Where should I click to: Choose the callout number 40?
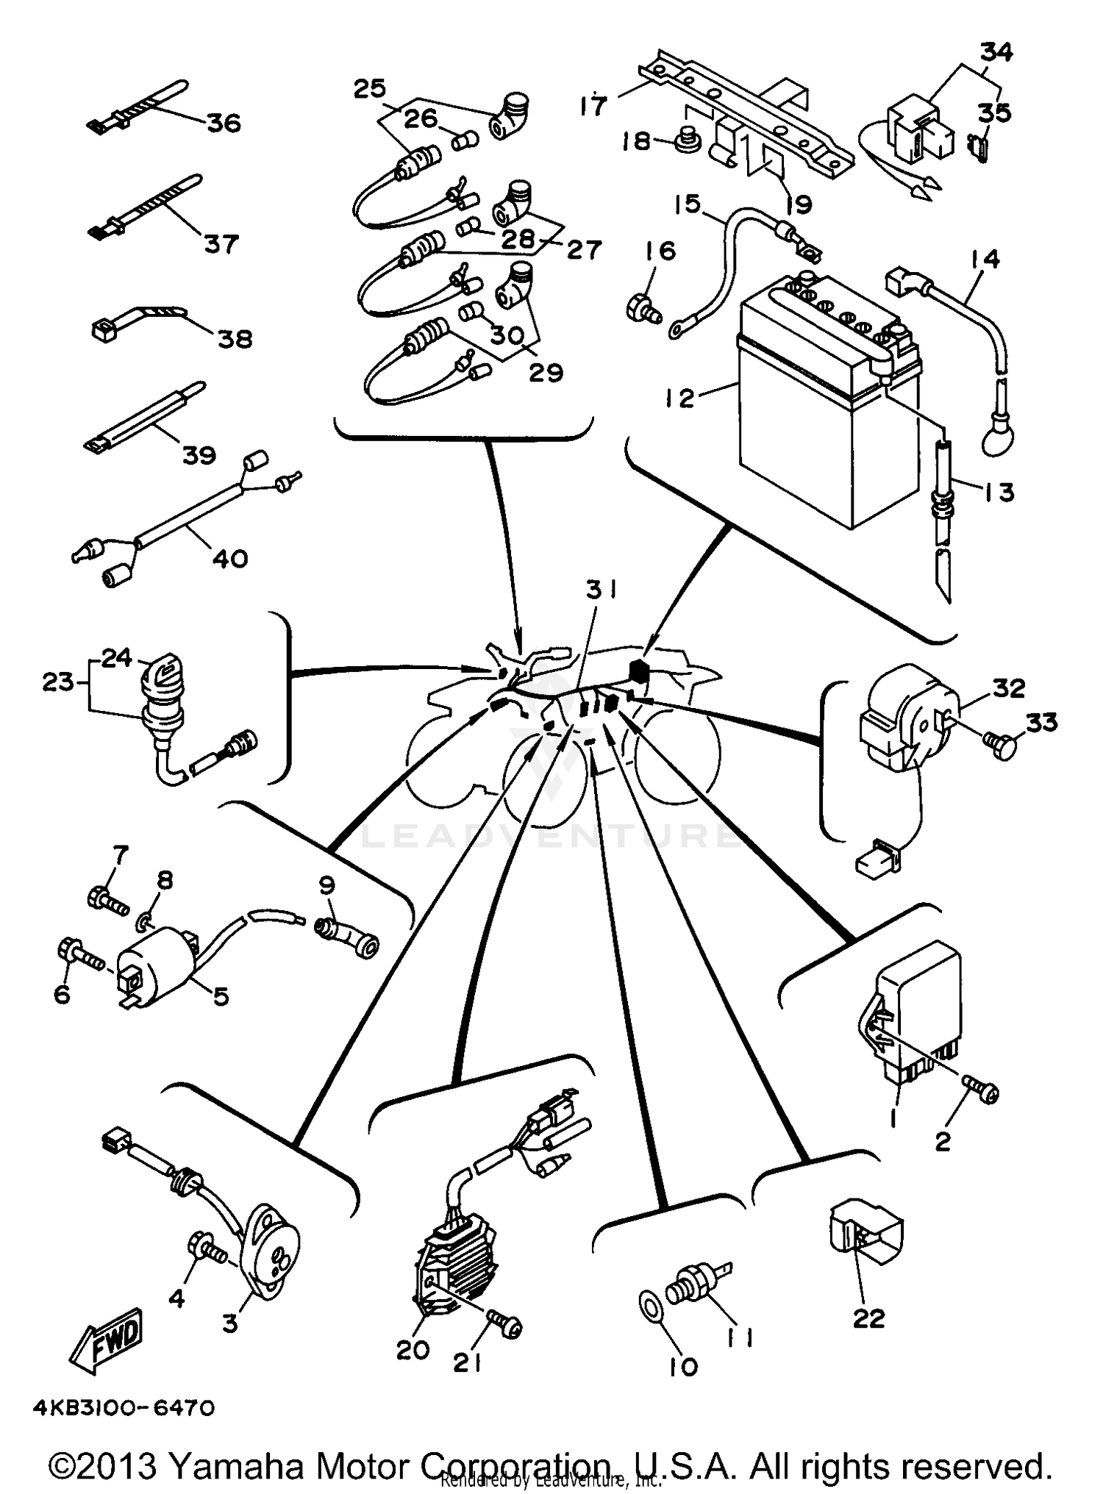pos(230,559)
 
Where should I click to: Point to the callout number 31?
pos(602,590)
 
